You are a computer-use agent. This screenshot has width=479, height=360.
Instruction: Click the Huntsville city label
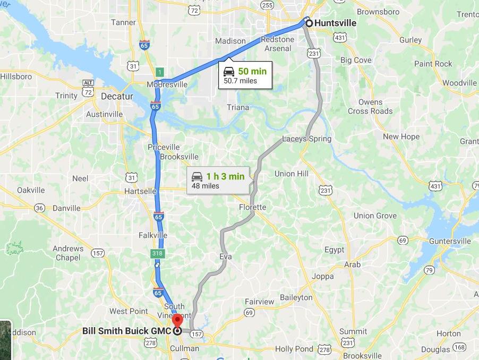coord(335,23)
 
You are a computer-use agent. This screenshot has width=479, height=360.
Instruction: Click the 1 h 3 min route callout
coord(218,181)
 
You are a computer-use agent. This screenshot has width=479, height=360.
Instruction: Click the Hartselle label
coord(140,191)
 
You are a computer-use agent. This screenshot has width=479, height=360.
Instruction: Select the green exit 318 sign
coord(157,254)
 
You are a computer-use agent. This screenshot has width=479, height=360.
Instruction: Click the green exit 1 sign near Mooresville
coord(159,72)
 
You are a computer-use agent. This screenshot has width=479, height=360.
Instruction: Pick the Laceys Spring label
coord(306,139)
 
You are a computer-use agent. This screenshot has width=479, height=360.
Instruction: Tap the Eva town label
coord(226,257)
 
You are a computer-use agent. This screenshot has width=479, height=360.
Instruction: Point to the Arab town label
coord(352,264)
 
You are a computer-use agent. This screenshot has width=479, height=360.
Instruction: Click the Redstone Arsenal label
coord(277,44)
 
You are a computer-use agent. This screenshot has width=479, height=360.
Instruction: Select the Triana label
coord(237,107)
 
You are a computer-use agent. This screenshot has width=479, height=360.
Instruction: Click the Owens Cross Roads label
coord(370,107)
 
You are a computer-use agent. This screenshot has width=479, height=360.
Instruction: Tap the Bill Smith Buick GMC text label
coord(126,331)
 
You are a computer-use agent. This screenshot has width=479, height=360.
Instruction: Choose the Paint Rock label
coord(433,64)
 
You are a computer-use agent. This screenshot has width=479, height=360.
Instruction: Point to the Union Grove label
coord(375,216)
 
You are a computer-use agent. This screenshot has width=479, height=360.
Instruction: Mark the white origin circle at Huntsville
coord(308,23)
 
